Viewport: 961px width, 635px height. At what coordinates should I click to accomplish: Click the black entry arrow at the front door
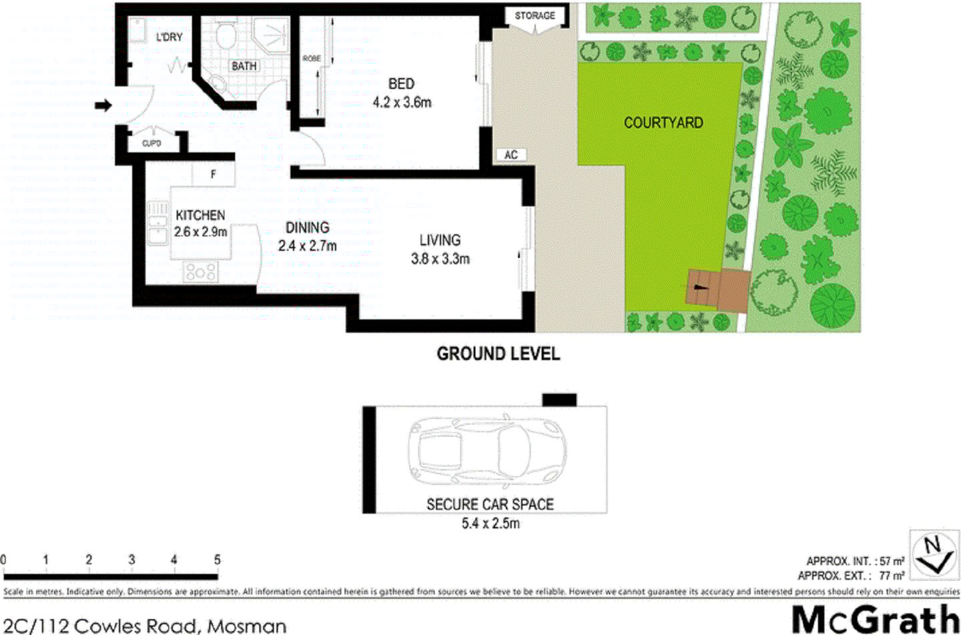tap(103, 105)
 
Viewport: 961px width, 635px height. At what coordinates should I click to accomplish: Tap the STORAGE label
tap(535, 15)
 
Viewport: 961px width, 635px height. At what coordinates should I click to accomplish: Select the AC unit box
tap(511, 155)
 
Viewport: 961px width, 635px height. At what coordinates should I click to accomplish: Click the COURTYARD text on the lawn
tap(663, 123)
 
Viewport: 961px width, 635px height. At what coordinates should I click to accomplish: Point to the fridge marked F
tap(214, 175)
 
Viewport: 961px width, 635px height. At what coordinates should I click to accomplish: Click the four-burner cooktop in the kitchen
tap(200, 271)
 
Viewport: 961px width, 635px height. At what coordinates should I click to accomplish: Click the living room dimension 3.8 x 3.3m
tap(440, 259)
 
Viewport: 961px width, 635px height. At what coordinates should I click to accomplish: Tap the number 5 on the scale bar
tap(217, 560)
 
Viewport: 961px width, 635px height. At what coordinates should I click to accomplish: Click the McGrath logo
tap(875, 619)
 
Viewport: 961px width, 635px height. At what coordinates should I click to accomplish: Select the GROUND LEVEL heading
tap(498, 354)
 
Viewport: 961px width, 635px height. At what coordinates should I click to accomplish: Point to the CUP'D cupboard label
tap(151, 143)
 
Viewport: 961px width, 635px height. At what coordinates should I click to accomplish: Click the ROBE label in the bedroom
tap(312, 59)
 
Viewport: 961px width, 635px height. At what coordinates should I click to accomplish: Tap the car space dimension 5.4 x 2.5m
tap(490, 524)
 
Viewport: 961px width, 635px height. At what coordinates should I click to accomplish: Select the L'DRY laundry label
tap(169, 37)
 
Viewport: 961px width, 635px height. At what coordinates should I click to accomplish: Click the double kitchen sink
tap(157, 223)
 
